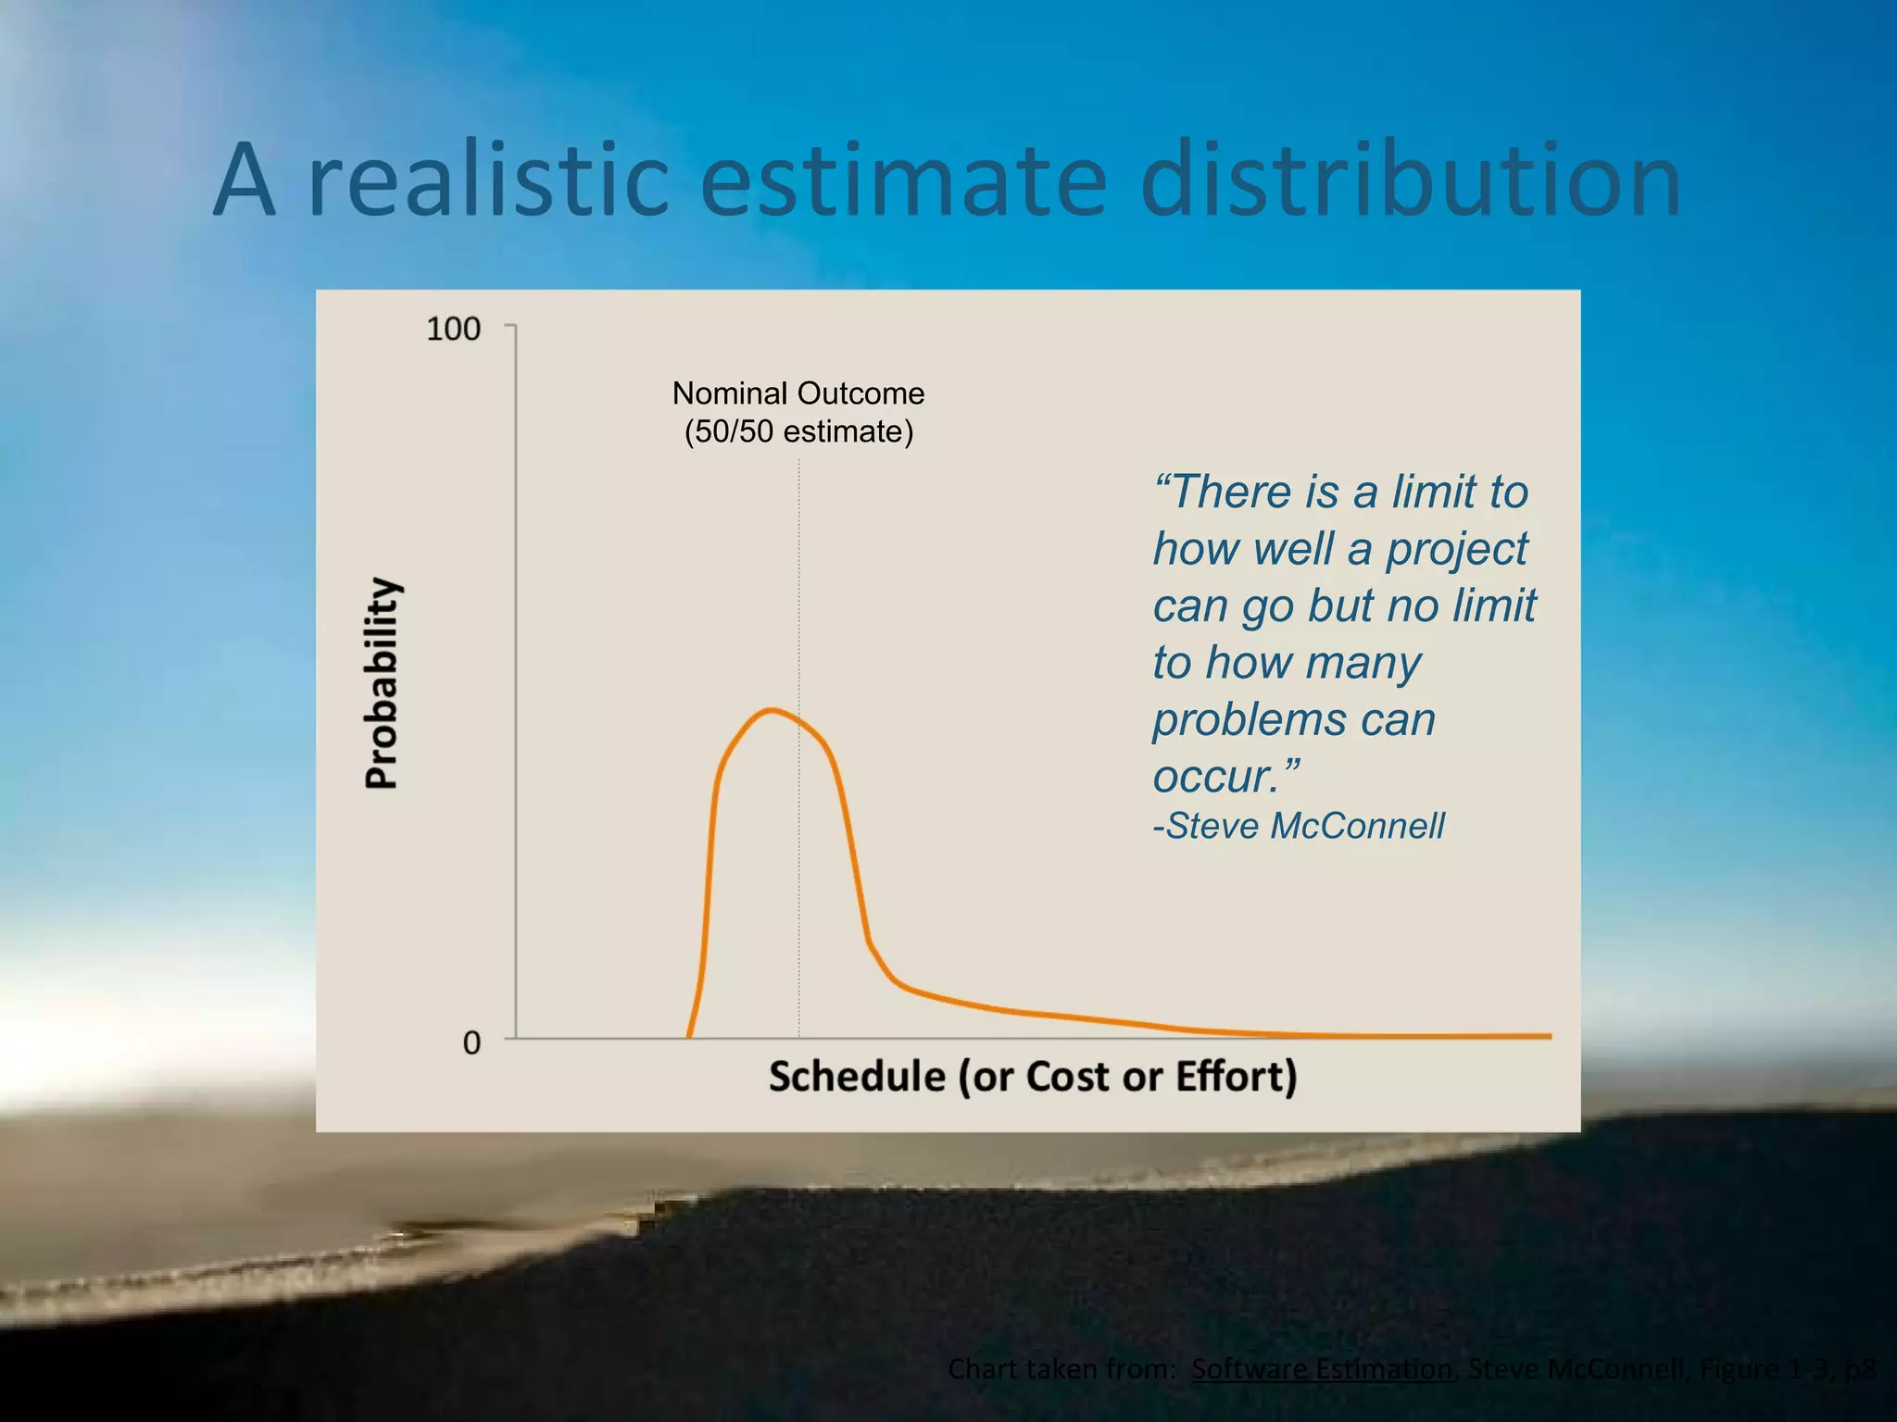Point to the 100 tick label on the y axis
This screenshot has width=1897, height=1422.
point(453,329)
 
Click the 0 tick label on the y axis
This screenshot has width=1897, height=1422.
point(471,1043)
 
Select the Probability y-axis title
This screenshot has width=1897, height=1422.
point(381,682)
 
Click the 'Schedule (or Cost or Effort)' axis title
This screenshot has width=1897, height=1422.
point(1033,1077)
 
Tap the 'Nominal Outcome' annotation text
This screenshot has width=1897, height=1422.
point(798,393)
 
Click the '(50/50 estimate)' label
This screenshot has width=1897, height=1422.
point(798,432)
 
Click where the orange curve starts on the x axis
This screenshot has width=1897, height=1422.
point(689,1036)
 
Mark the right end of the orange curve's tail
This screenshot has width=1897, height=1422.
point(1549,1036)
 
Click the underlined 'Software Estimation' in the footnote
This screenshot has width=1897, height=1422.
point(1322,1368)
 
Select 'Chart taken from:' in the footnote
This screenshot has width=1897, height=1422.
point(1062,1368)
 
